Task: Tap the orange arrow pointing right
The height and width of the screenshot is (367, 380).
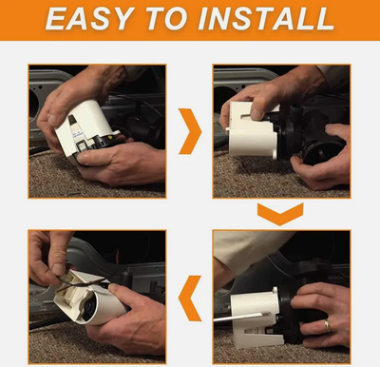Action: point(189,131)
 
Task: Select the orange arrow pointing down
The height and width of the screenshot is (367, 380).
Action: point(280,214)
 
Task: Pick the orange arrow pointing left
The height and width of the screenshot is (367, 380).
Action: point(190,299)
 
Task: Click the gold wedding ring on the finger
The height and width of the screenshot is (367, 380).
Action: point(327,325)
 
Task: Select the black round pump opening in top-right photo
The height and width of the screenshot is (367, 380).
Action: point(320,151)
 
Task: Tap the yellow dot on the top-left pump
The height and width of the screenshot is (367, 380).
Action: point(110,138)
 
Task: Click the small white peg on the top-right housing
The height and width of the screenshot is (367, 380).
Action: point(227,129)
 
